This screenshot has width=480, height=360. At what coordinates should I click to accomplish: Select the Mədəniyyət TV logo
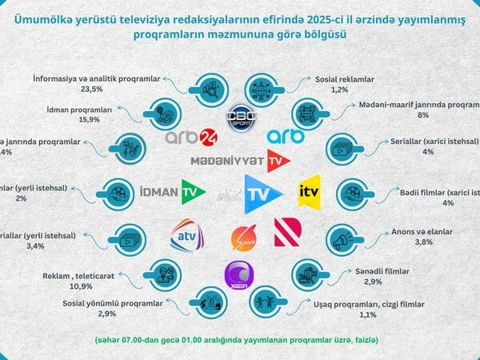coord(238,161)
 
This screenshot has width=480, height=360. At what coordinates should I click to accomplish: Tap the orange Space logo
coord(243,238)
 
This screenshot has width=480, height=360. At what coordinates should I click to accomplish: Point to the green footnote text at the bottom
coord(239,340)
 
